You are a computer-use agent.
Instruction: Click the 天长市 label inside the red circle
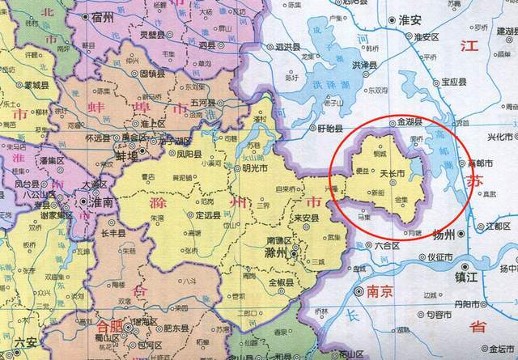coord(393,174)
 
